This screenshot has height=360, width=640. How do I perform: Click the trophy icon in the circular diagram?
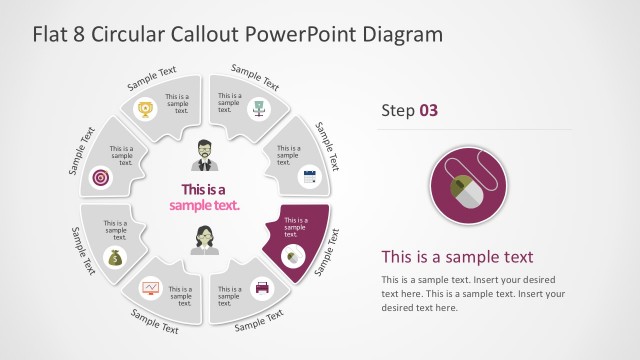pyautogui.click(x=147, y=108)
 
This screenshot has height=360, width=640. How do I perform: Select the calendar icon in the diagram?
pyautogui.click(x=308, y=177)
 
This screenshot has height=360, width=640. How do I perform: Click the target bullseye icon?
pyautogui.click(x=100, y=177)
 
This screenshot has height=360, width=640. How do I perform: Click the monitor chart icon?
pyautogui.click(x=150, y=288)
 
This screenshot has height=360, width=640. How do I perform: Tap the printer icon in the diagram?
pyautogui.click(x=262, y=288)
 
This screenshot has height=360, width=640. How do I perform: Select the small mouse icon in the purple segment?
pyautogui.click(x=293, y=256)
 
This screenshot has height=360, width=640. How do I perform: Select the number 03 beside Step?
pyautogui.click(x=427, y=110)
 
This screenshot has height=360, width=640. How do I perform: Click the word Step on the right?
pyautogui.click(x=397, y=110)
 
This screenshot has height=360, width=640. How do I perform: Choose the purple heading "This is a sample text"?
pyautogui.click(x=457, y=256)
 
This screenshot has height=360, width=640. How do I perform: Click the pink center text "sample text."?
pyautogui.click(x=204, y=205)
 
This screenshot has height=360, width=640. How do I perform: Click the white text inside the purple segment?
pyautogui.click(x=296, y=225)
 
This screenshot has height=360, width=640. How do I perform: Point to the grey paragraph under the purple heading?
pyautogui.click(x=473, y=293)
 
